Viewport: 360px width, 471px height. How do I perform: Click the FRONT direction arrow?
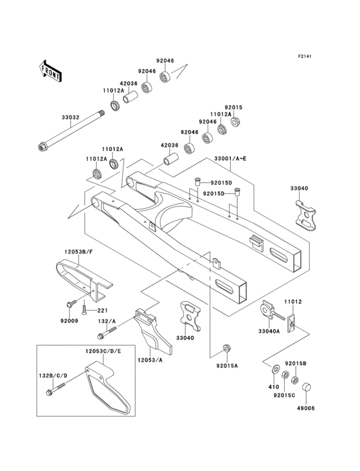(x=50, y=71)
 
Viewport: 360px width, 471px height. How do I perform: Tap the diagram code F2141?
(x=305, y=56)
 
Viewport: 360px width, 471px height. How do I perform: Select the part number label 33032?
(x=71, y=118)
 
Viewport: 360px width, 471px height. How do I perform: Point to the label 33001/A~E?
(x=230, y=158)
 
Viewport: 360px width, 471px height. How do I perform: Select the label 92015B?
(x=296, y=364)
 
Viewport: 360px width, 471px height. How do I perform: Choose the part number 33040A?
(x=269, y=331)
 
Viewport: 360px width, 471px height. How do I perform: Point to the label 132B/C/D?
(x=53, y=376)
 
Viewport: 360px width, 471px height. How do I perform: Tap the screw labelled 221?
(x=84, y=309)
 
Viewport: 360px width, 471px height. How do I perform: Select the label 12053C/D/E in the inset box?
(x=104, y=351)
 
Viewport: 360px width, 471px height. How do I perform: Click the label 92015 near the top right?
(x=233, y=107)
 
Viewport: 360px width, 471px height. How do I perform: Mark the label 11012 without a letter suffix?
(x=293, y=302)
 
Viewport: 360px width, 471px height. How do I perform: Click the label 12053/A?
(x=150, y=360)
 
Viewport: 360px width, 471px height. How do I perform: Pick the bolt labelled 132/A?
(x=107, y=333)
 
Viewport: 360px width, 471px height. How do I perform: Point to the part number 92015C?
(x=284, y=395)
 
